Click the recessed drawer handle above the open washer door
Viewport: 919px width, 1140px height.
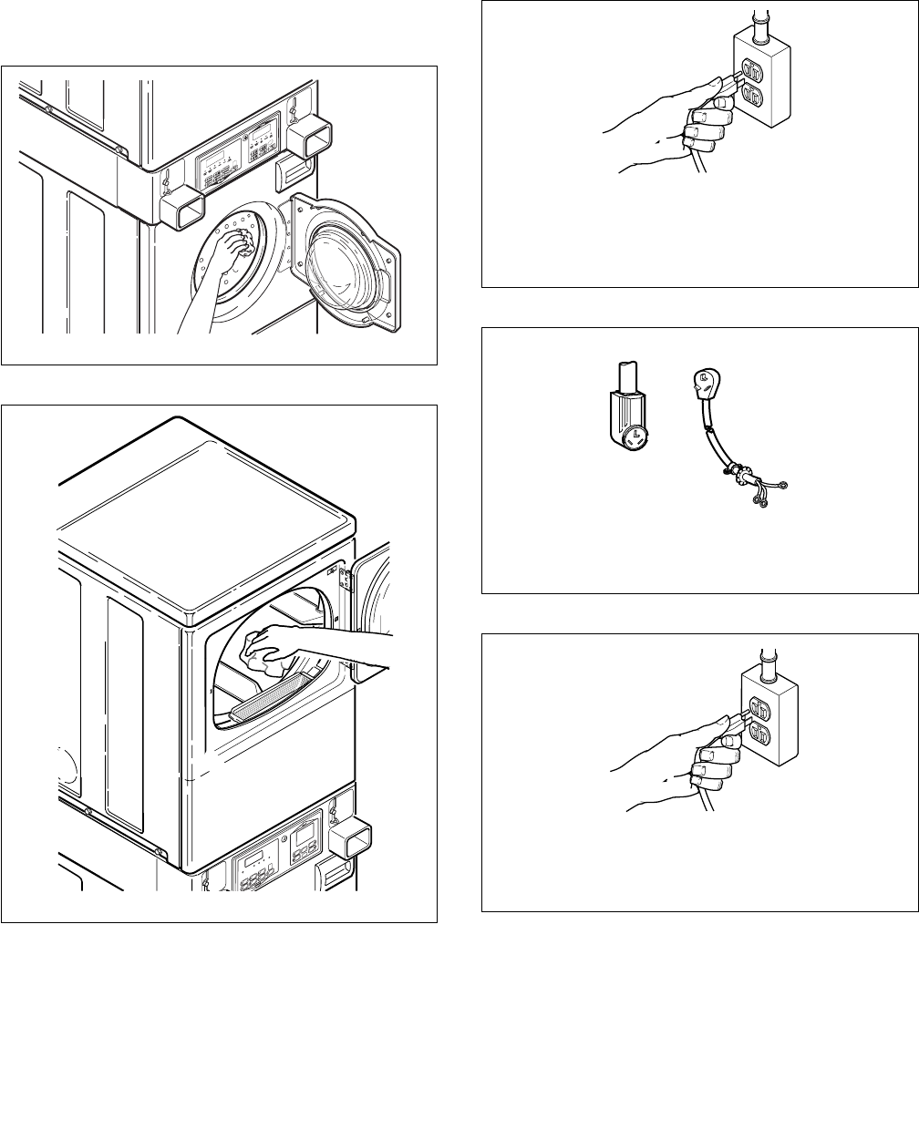pos(292,166)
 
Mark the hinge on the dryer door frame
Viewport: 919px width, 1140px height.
pos(346,576)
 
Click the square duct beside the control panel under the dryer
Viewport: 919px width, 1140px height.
pos(351,839)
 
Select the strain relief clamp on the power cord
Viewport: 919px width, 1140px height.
pos(735,474)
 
